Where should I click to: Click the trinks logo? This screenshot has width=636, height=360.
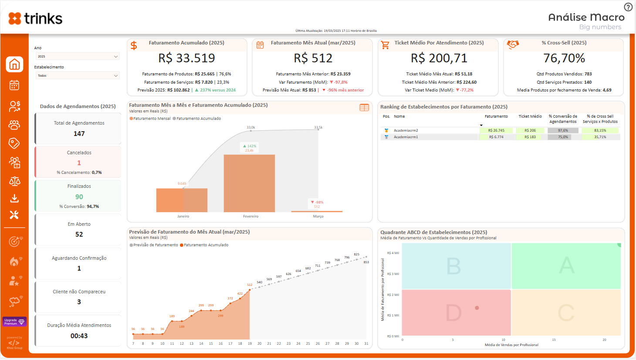coord(35,18)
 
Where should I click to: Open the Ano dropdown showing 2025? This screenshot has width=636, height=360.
coord(78,56)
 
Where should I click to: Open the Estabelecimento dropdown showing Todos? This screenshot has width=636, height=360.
coord(78,75)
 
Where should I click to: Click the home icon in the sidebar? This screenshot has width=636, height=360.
coord(14,65)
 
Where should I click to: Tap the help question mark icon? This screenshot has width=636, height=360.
coord(628,7)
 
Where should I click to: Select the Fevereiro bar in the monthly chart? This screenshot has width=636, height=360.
coord(249,183)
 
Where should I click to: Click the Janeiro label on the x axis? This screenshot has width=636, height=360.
coord(183,216)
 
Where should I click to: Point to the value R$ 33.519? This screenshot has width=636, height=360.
coord(186,58)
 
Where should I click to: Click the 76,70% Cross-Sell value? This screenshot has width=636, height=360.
coord(564,58)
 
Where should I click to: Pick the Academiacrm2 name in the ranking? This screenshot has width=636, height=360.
coord(406,130)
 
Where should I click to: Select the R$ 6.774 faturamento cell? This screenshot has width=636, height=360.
coord(496,137)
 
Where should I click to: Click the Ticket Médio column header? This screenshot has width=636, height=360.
coord(530,116)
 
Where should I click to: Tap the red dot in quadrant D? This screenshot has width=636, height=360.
coord(477,308)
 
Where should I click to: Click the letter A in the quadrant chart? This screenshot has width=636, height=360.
coord(566,265)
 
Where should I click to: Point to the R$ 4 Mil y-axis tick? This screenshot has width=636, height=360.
coord(393,253)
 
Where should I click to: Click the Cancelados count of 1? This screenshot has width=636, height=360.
coord(79,163)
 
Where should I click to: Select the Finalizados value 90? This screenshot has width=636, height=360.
coord(79,197)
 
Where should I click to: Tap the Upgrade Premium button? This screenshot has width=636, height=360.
coord(14,322)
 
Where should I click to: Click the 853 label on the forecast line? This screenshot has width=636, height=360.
coord(366,262)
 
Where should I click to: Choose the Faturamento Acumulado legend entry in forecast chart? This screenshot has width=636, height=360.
coord(205,245)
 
